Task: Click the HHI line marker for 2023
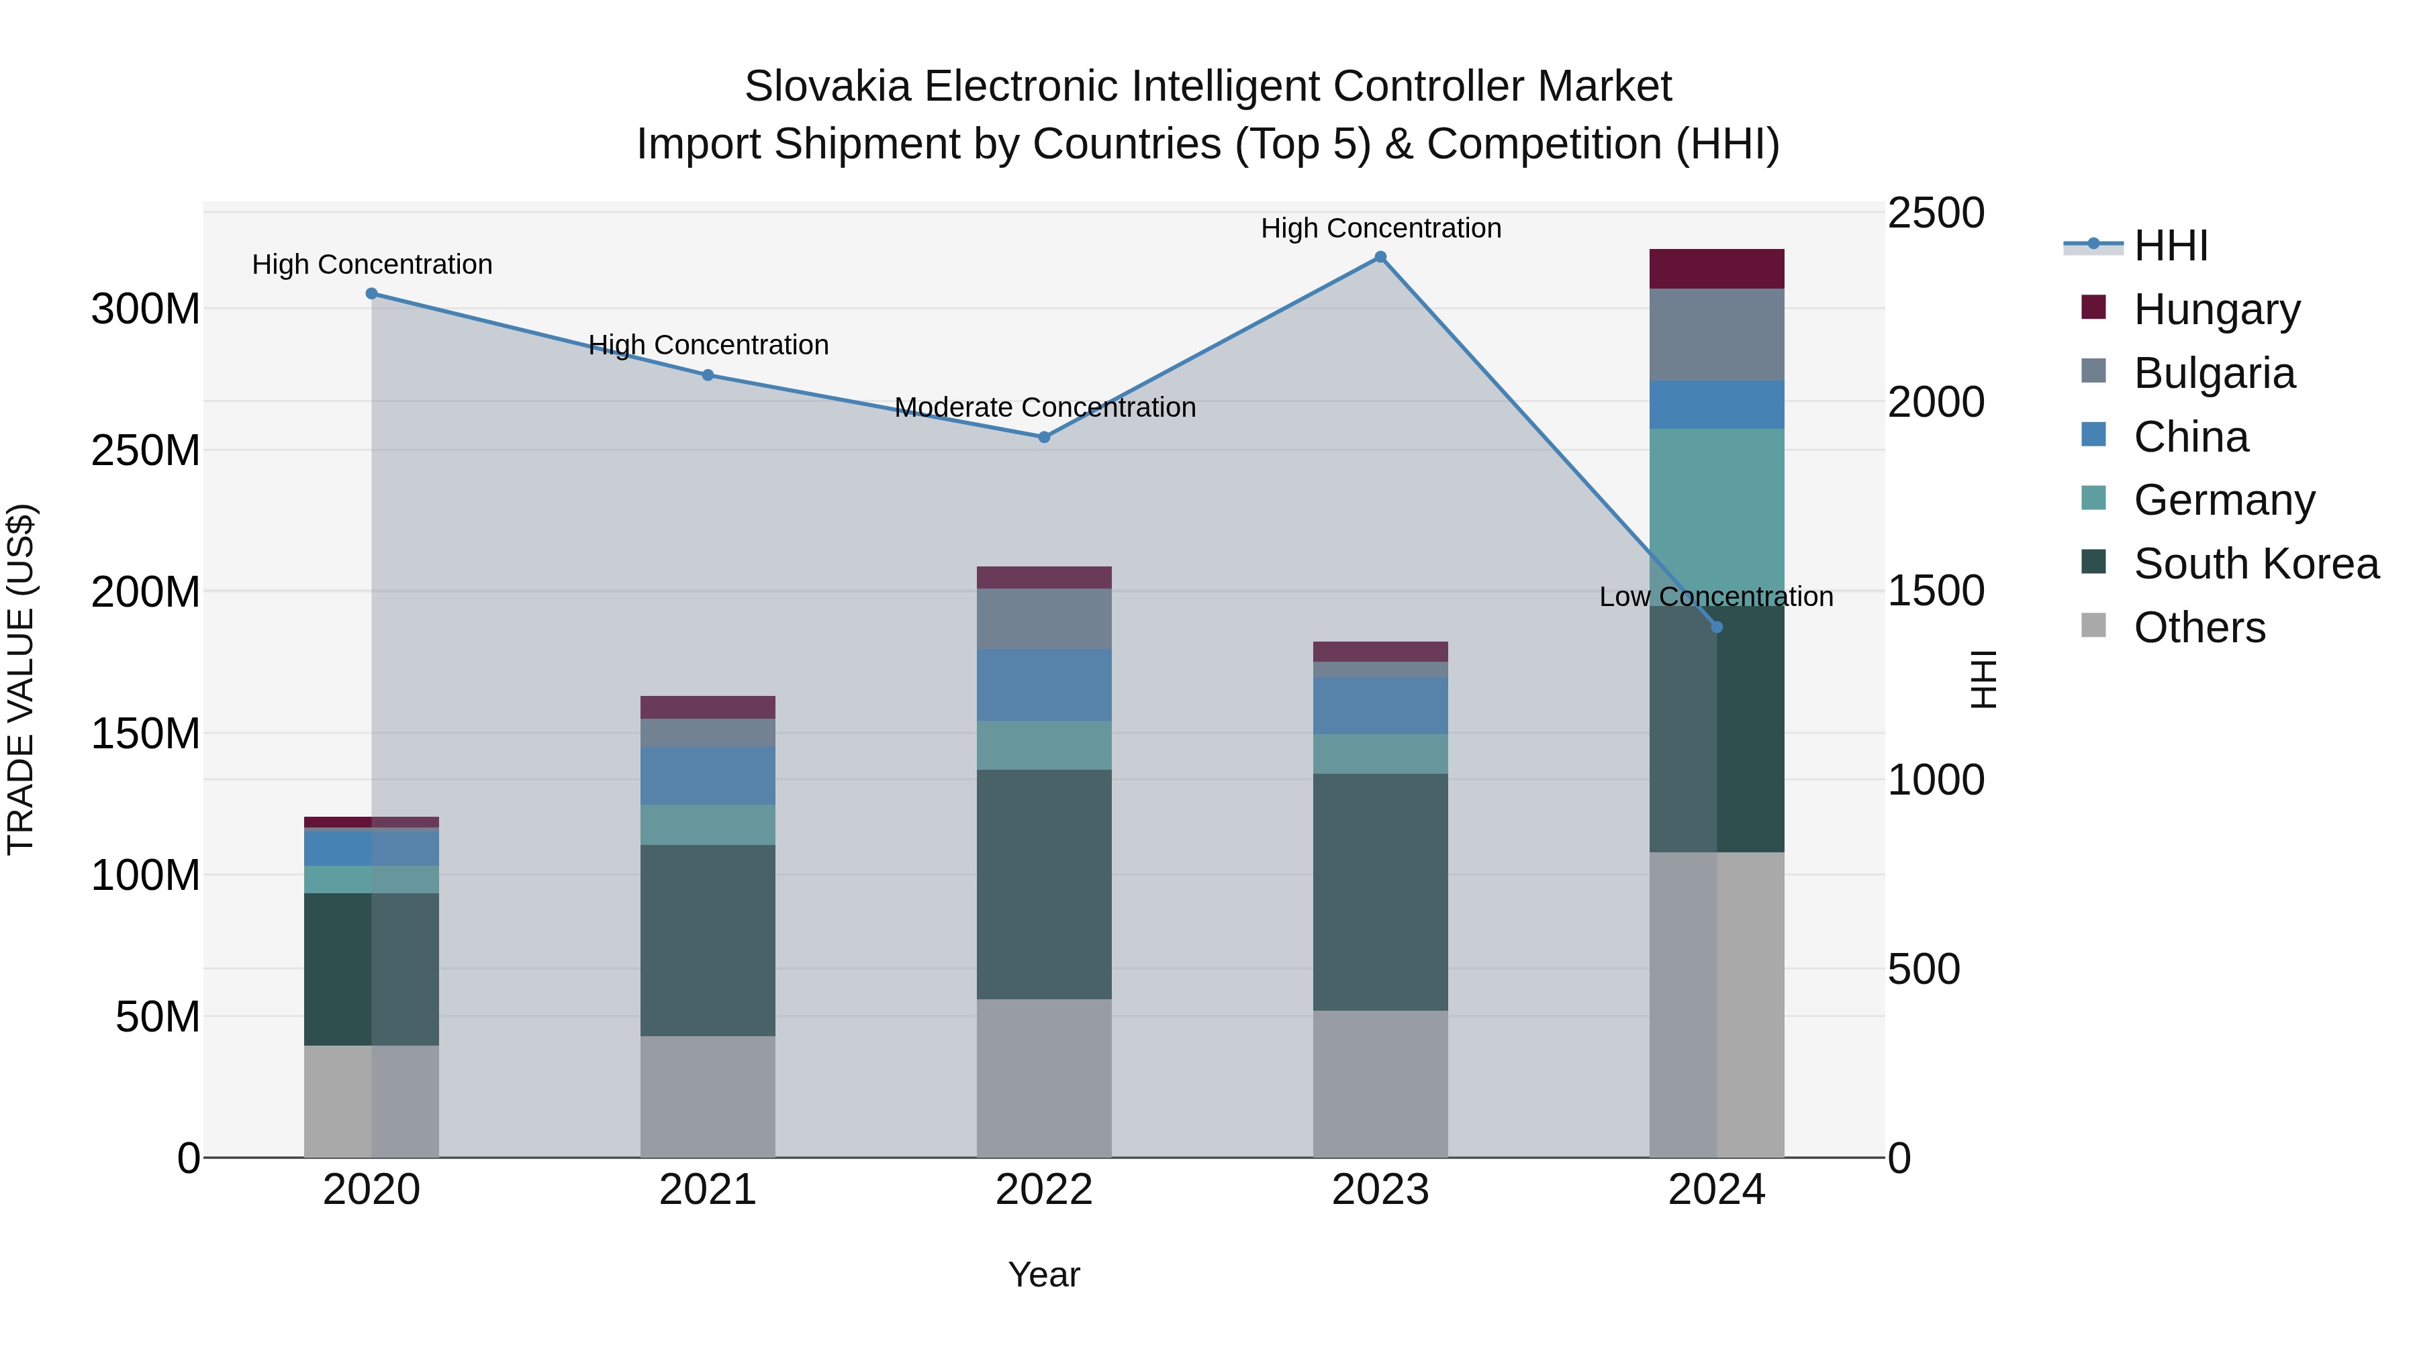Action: [x=1380, y=257]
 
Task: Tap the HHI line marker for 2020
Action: [x=371, y=293]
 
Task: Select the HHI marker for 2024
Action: [x=1717, y=627]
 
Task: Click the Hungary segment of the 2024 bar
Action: [x=1717, y=269]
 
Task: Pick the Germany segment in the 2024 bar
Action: [x=1717, y=516]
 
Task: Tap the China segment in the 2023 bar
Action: [x=1380, y=705]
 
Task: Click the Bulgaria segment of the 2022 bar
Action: [x=1044, y=619]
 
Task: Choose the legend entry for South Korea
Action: [x=2256, y=564]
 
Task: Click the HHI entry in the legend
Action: [x=2170, y=246]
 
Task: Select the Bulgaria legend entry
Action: [x=2214, y=373]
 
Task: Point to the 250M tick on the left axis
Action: [x=146, y=451]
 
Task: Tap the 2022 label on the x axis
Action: [x=1044, y=1190]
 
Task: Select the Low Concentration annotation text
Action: [x=1715, y=597]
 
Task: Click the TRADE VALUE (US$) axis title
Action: [x=21, y=679]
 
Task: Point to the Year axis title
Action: [x=1044, y=1274]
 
